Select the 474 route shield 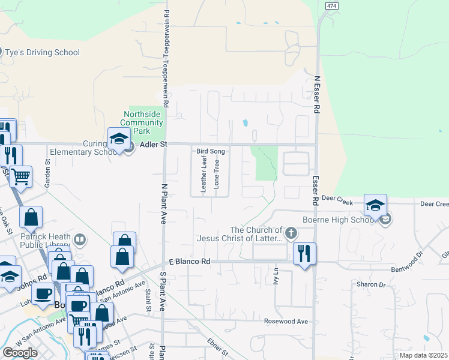click(330, 5)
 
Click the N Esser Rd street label click(316, 95)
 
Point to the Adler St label click(153, 145)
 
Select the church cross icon click(291, 232)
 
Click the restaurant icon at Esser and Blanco click(305, 253)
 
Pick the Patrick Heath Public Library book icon click(79, 240)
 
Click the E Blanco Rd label click(189, 262)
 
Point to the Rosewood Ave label click(286, 322)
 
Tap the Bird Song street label click(211, 152)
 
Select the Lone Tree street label click(217, 172)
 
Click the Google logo click(20, 353)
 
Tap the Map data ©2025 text click(424, 355)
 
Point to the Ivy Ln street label click(277, 280)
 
